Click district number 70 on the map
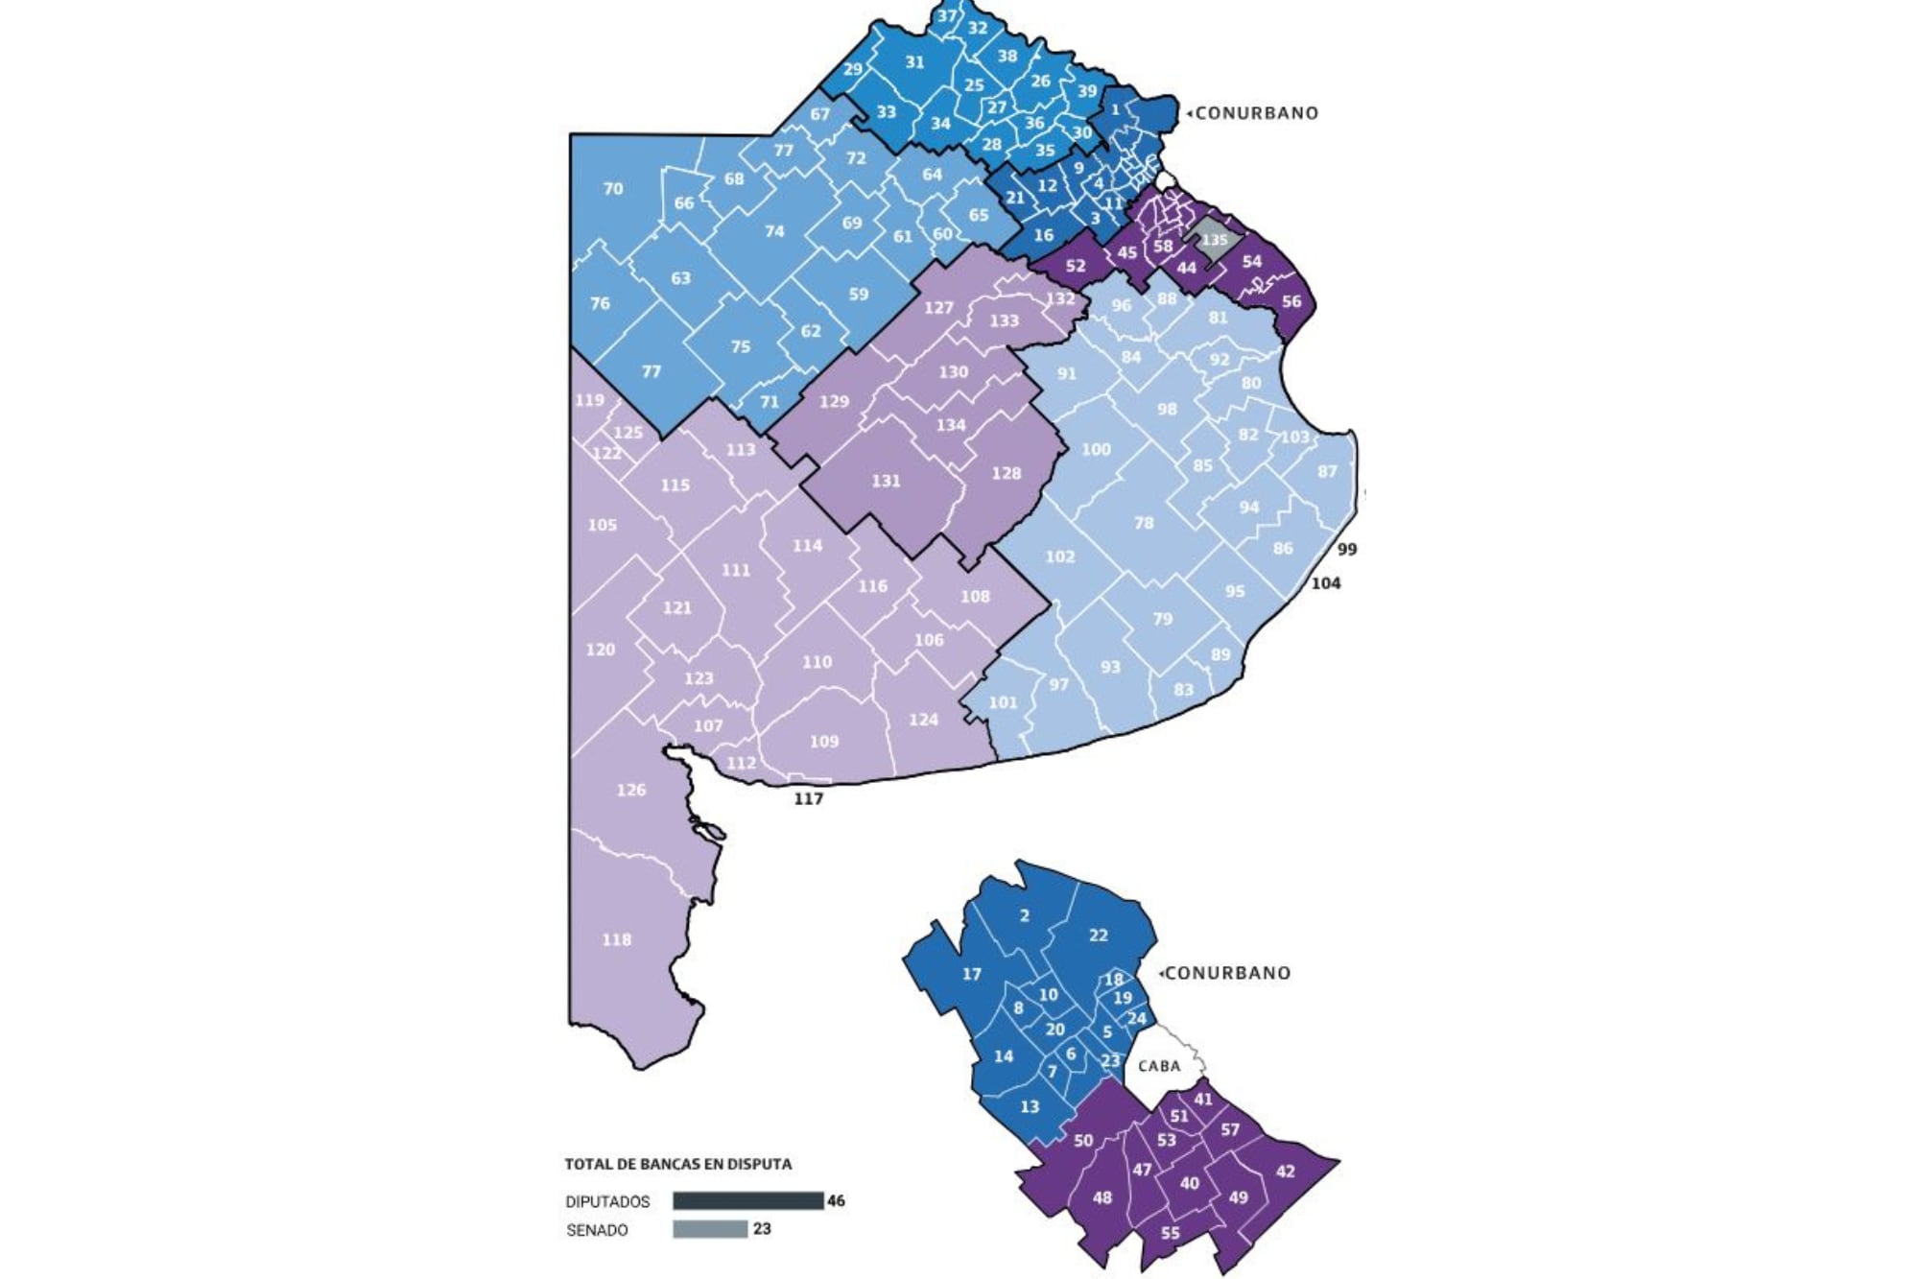[613, 189]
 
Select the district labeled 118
[616, 939]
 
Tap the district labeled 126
[630, 790]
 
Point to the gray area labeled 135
[1214, 240]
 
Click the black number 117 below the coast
[808, 798]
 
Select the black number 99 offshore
[1347, 550]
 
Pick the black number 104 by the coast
[1326, 583]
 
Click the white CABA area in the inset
[1159, 1066]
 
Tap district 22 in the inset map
[1099, 935]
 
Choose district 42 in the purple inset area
[1285, 1171]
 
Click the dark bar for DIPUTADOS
[747, 1200]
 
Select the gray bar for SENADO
[710, 1229]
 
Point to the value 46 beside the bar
[836, 1200]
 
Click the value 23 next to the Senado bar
[762, 1229]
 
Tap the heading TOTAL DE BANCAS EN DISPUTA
[677, 1164]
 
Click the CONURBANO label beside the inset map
[1227, 973]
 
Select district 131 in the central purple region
[886, 481]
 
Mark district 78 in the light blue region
[1144, 523]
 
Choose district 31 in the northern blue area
[914, 62]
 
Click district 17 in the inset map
[972, 974]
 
